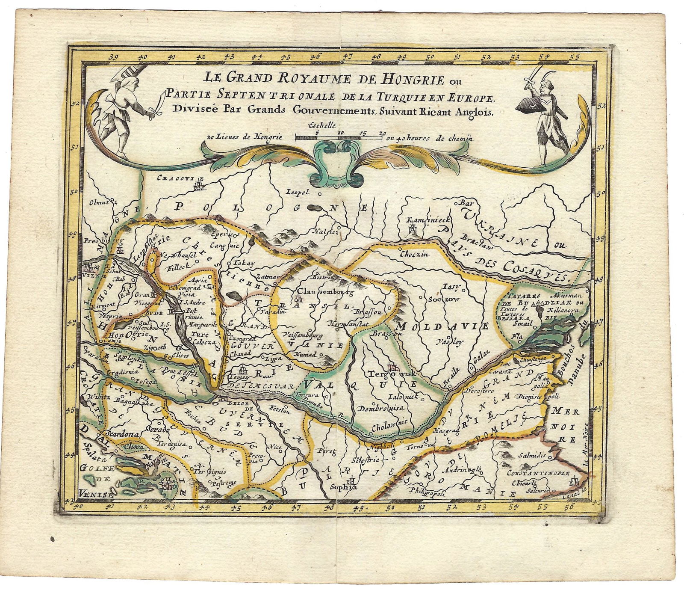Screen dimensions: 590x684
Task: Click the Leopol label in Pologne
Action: [297, 192]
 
